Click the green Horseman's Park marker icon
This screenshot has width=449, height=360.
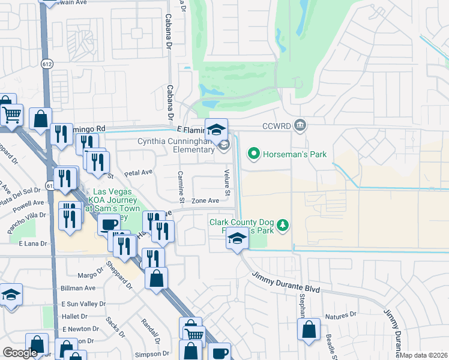click(253, 155)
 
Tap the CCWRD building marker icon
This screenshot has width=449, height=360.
click(301, 126)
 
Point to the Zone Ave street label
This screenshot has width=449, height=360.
click(205, 201)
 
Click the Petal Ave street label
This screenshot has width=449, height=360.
click(138, 173)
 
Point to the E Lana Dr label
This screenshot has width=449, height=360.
click(32, 244)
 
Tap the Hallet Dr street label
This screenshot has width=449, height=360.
click(74, 316)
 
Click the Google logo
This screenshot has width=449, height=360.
click(20, 353)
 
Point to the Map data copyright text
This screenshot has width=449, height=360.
click(424, 355)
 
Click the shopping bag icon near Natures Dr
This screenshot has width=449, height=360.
click(309, 329)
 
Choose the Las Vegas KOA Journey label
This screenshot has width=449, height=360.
click(113, 199)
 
